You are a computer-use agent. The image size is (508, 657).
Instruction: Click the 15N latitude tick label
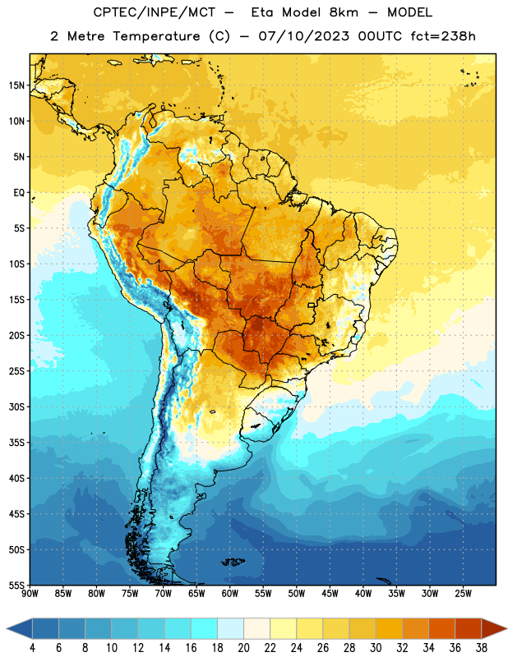(16, 85)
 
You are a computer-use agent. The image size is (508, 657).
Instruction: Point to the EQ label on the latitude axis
(19, 193)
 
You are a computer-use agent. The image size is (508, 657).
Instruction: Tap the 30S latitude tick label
(16, 407)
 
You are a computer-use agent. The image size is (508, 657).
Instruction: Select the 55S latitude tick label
(16, 585)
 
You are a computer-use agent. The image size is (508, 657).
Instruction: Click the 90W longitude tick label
(30, 594)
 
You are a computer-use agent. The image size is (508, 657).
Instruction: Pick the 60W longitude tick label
(230, 594)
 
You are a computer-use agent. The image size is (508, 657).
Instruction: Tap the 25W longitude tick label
(463, 594)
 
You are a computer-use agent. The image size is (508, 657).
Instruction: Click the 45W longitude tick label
(330, 594)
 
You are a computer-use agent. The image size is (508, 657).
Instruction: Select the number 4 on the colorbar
(32, 648)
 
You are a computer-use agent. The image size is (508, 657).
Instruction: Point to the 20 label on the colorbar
(243, 648)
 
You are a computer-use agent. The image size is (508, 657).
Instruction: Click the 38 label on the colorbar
(482, 648)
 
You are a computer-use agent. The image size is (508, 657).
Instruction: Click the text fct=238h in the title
(443, 36)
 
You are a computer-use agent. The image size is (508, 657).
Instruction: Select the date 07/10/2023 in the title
(303, 36)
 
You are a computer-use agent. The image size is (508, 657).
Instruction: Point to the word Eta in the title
(262, 12)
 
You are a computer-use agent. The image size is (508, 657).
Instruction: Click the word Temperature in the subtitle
(156, 37)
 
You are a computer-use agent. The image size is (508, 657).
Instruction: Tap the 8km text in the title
(344, 12)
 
